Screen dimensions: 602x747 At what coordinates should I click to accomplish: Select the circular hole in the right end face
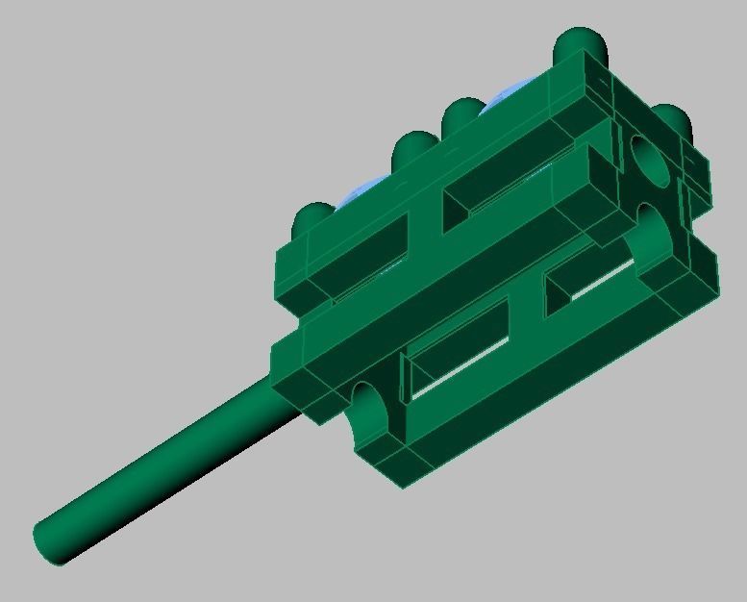(x=651, y=160)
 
